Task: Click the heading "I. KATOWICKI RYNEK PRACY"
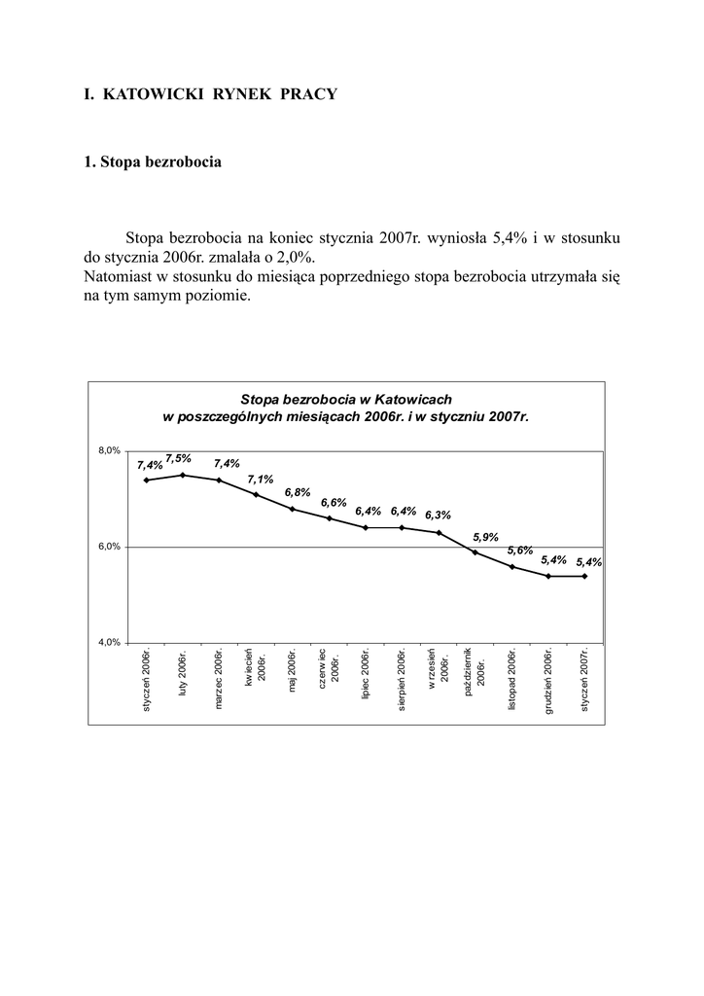[210, 94]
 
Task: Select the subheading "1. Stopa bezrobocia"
[153, 161]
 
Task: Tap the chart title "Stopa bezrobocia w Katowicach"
[345, 399]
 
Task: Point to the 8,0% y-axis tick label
[108, 450]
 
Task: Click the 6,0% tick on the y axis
[108, 547]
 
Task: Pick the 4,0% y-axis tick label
[108, 642]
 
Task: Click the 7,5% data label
[178, 458]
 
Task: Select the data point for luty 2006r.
[183, 475]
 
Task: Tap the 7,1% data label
[260, 480]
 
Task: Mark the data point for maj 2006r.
[292, 509]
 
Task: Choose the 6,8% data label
[298, 493]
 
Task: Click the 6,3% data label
[438, 516]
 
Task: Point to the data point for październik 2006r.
[475, 552]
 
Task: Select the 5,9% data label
[485, 537]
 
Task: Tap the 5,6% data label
[520, 551]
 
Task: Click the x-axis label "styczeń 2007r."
[585, 680]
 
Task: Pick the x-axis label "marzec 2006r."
[220, 678]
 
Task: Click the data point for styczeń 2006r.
[146, 480]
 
